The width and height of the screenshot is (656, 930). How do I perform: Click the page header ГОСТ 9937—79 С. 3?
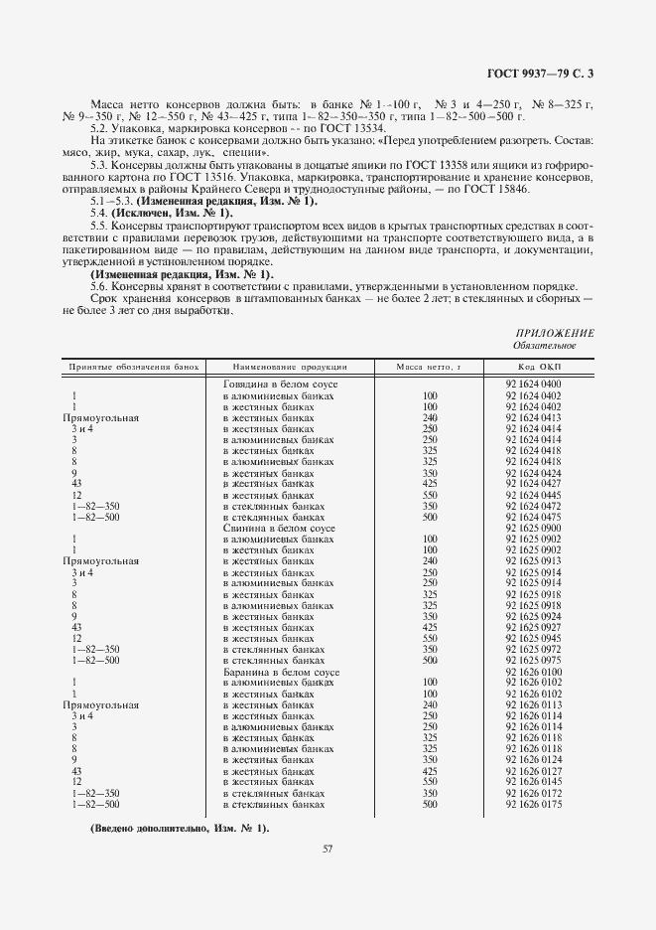coord(544,73)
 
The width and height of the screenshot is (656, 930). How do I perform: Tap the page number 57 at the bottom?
coord(328,848)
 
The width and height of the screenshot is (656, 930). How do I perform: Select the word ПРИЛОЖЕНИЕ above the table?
coord(555,333)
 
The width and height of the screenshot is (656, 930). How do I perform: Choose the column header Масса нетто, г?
coord(430,367)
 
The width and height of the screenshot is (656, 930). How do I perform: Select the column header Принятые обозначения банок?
coord(134,367)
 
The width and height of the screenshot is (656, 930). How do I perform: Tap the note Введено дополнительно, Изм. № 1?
coord(180,828)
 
